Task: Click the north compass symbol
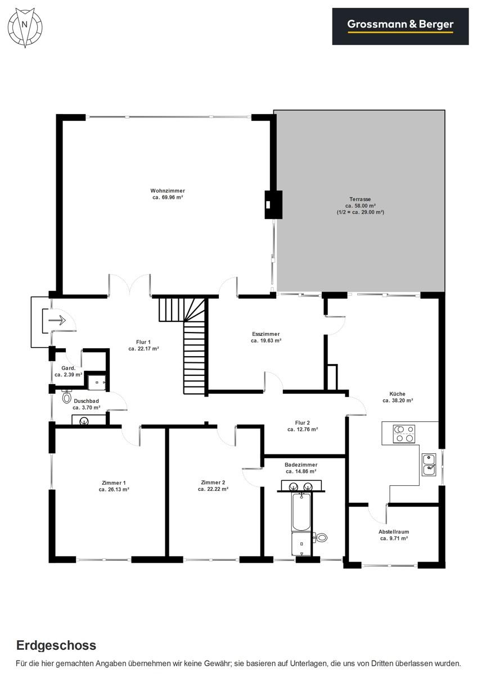pos(25,28)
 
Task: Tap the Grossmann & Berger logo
pos(400,26)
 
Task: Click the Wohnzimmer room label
pos(168,191)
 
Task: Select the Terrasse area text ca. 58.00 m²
pos(361,206)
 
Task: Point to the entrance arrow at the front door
pos(57,320)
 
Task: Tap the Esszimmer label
pos(265,334)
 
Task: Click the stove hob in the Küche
pos(404,434)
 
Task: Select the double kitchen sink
pos(429,464)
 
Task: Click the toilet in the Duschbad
pos(66,397)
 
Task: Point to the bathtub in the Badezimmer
pos(301,511)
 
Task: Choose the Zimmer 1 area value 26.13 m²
pos(114,490)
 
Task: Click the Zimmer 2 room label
pos(213,482)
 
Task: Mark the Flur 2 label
pos(302,423)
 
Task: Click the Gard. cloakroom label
pos(69,368)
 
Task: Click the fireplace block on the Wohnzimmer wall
pos(273,204)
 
